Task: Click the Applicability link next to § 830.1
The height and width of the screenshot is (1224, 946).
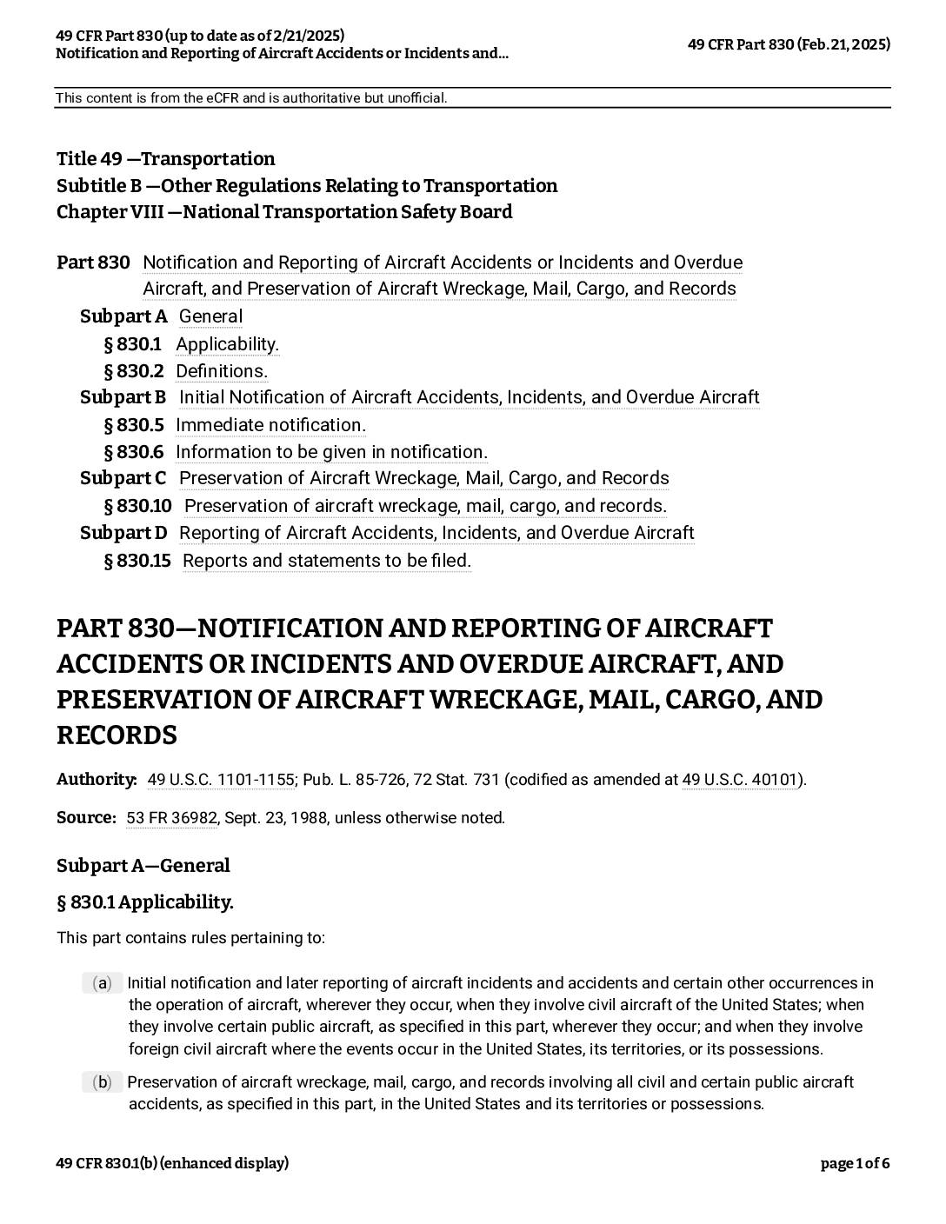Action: pyautogui.click(x=227, y=344)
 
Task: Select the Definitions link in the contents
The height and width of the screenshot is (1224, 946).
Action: pyautogui.click(x=221, y=371)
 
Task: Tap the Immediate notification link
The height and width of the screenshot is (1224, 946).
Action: pyautogui.click(x=270, y=425)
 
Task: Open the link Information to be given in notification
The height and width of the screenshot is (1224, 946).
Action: pyautogui.click(x=331, y=452)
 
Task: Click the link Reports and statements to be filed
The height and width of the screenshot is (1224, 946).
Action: pyautogui.click(x=326, y=561)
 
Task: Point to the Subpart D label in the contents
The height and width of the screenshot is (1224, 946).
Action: pyautogui.click(x=123, y=533)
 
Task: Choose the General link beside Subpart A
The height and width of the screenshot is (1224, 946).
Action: pyautogui.click(x=210, y=316)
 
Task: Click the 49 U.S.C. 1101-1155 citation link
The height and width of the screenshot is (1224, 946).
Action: pyautogui.click(x=221, y=780)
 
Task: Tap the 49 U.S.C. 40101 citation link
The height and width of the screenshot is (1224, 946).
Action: pyautogui.click(x=739, y=780)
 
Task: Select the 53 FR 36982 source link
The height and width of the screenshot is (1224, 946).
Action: pyautogui.click(x=171, y=818)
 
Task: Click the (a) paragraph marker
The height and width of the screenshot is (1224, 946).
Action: pyautogui.click(x=103, y=983)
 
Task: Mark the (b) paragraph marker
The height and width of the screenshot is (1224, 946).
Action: pyautogui.click(x=103, y=1082)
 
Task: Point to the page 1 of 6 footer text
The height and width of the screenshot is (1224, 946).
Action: pyautogui.click(x=855, y=1163)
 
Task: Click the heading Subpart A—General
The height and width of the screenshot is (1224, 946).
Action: pyautogui.click(x=143, y=866)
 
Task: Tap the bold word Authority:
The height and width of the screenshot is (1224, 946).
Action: pyautogui.click(x=97, y=780)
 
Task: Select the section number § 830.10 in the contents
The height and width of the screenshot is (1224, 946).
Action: pyautogui.click(x=137, y=506)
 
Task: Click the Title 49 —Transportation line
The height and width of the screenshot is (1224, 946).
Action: pyautogui.click(x=165, y=159)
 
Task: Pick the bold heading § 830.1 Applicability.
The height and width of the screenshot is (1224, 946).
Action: pyautogui.click(x=145, y=902)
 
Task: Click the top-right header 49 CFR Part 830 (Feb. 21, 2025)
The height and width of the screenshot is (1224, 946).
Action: pyautogui.click(x=789, y=44)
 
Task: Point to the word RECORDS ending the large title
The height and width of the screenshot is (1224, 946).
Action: pyautogui.click(x=117, y=735)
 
